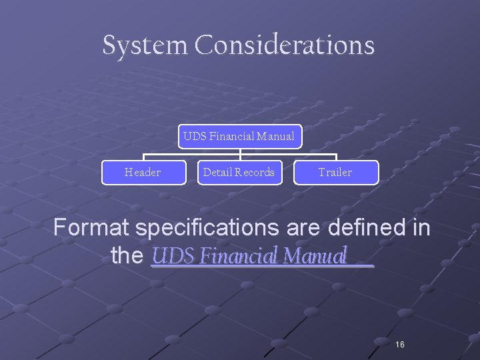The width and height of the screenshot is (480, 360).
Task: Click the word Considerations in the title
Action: pos(285,45)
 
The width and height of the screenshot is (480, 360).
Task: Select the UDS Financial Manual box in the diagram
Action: pos(239,137)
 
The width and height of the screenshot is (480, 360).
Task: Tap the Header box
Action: pos(143,173)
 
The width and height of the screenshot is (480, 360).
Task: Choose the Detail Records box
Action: pos(239,173)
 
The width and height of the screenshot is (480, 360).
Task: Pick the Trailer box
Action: pos(335,173)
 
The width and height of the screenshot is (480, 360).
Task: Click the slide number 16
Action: pos(400,344)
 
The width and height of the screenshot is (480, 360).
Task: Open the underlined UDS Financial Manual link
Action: pos(251,256)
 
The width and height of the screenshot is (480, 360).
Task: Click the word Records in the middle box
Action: pos(255,173)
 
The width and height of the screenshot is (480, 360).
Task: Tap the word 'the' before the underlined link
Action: pos(127,256)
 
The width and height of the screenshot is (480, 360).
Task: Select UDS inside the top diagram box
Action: pos(195,137)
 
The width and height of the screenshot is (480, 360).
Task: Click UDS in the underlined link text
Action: pos(169,256)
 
